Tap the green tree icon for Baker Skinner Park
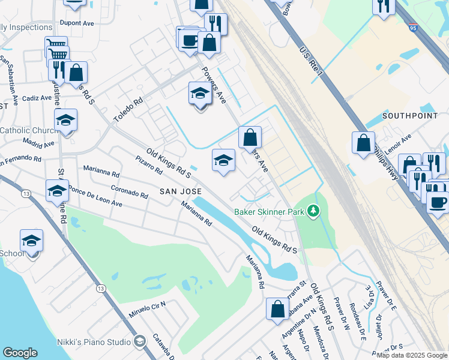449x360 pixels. (312, 211)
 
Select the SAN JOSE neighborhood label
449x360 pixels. (179, 191)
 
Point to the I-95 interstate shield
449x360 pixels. (412, 27)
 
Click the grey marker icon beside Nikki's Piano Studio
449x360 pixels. (140, 341)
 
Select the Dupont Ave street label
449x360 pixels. (77, 23)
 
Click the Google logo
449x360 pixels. (20, 353)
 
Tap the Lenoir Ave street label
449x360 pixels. (398, 146)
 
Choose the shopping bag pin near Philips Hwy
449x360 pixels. (363, 143)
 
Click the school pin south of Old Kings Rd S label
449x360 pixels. (223, 161)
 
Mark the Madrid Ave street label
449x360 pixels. (38, 143)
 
